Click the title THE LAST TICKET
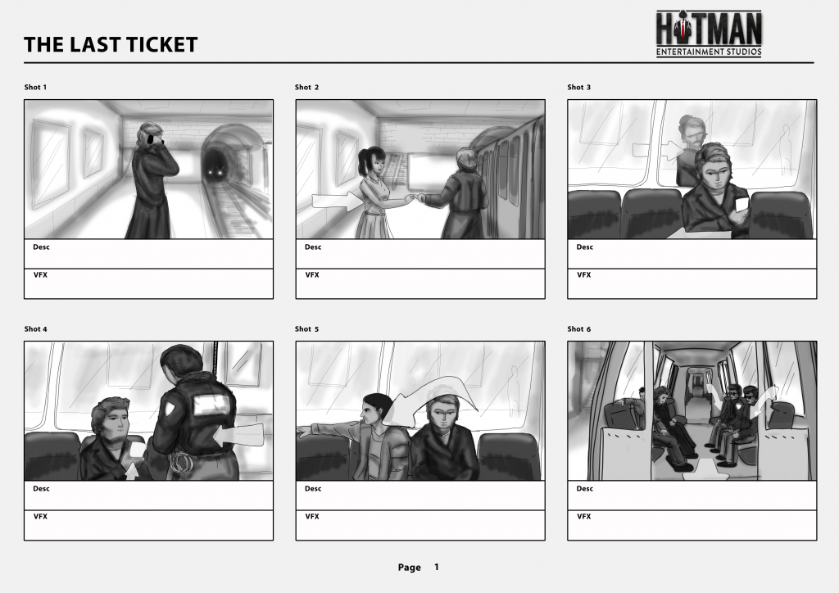111,44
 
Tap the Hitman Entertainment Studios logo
709,34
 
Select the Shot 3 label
579,87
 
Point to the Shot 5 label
306,328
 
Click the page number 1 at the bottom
437,567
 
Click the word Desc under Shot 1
41,247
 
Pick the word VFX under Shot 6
583,517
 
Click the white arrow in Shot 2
335,201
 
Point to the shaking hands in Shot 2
416,199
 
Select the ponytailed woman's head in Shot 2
373,160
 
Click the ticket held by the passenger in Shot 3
741,205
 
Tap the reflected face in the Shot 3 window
691,133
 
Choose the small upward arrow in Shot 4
132,469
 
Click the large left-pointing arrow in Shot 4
239,435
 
